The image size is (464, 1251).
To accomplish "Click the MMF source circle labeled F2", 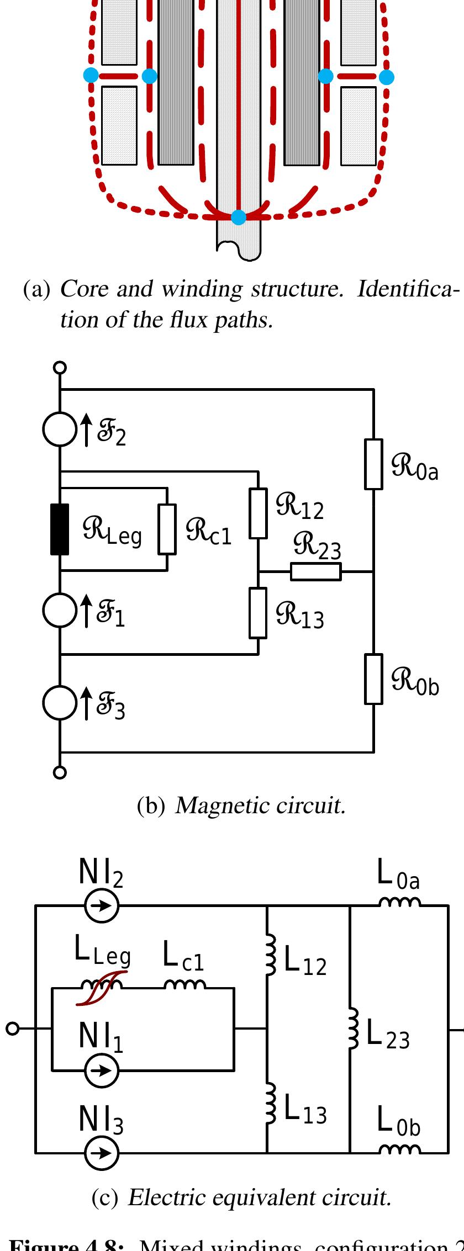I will pos(59,429).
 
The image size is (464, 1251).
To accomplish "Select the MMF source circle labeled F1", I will pos(59,610).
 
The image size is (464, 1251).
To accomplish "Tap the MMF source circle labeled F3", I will pos(59,703).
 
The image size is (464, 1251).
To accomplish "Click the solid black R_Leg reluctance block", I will pos(60,529).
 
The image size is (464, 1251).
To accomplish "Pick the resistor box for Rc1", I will pos(167,529).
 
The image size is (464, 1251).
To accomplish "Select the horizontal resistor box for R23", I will pos(316,572).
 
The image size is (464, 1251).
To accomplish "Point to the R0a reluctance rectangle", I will pos(374,464).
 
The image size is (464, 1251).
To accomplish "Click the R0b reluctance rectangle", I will pos(374,679).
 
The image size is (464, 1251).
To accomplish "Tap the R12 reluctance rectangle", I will pos(258,513).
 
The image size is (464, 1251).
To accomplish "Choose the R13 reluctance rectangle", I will pos(258,612).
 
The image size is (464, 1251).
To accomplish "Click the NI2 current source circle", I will pos(102,906).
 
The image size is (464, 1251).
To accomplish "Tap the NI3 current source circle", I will pos(102,1153).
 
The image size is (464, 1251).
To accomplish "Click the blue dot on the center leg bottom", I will pos(238,217).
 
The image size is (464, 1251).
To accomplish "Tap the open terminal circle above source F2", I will pos(60,367).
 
